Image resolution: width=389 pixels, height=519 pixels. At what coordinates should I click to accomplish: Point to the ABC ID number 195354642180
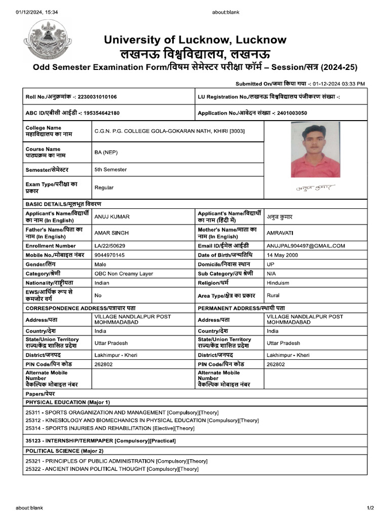pyautogui.click(x=101, y=113)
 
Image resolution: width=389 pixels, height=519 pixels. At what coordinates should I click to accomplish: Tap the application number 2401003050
pyautogui.click(x=288, y=113)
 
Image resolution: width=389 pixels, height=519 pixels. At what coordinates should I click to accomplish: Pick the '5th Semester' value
pyautogui.click(x=110, y=169)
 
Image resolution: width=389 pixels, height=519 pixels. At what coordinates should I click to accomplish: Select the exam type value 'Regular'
pyautogui.click(x=104, y=188)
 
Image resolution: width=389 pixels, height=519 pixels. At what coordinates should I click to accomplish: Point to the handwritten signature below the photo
pyautogui.click(x=316, y=188)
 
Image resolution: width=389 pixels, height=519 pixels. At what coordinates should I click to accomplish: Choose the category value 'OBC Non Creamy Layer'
pyautogui.click(x=124, y=274)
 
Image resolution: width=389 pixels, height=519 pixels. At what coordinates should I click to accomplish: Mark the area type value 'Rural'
pyautogui.click(x=273, y=295)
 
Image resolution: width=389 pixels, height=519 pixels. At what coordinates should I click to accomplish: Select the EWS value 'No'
pyautogui.click(x=98, y=295)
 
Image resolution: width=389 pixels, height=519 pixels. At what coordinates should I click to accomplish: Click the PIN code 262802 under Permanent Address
pyautogui.click(x=276, y=364)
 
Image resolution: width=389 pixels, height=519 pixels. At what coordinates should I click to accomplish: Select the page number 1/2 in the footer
pyautogui.click(x=370, y=508)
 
